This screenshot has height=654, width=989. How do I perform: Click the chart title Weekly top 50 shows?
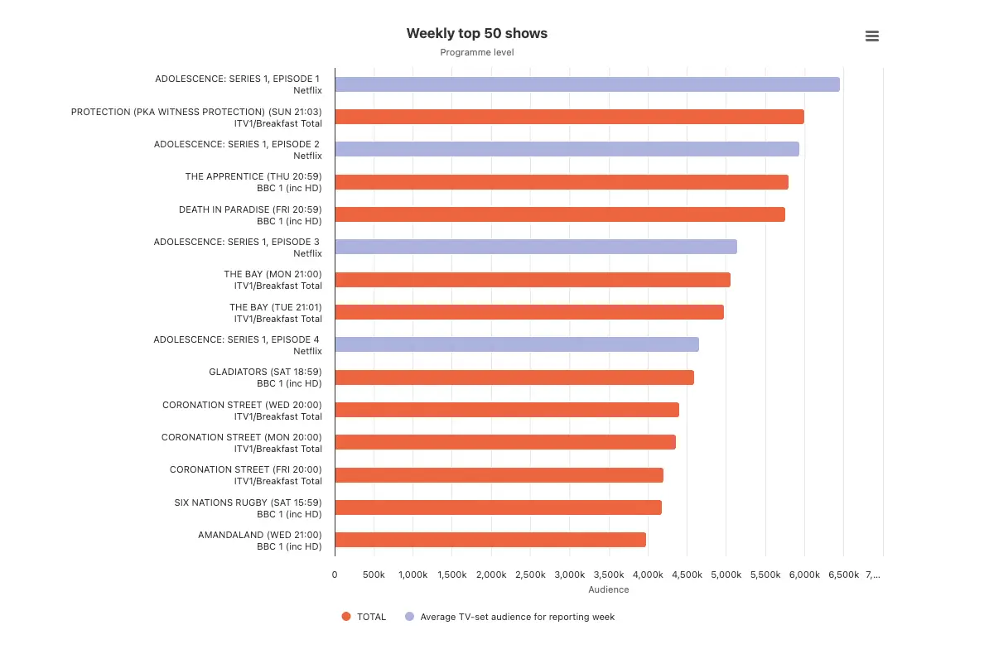coord(476,34)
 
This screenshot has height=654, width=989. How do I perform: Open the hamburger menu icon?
coord(871,36)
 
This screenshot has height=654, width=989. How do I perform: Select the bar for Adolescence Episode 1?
coord(586,84)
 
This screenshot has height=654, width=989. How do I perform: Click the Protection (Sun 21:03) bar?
coord(569,117)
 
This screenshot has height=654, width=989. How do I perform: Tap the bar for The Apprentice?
coord(561,182)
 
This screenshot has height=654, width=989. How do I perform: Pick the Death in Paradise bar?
coord(559,214)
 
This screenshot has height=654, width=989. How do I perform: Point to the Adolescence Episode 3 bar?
coord(535,247)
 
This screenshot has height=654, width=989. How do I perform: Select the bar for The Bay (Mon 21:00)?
coord(532,280)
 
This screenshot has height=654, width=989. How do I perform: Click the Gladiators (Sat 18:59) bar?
coord(514,377)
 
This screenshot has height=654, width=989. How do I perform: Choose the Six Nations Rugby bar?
coord(498,507)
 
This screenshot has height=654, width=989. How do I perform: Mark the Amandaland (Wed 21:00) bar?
coord(490,540)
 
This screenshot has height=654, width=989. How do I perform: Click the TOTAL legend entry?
coord(364,617)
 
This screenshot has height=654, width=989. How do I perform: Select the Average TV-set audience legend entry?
coord(509,617)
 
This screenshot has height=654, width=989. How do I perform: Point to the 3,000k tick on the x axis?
coord(569,575)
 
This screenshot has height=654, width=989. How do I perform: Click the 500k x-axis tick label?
coord(374,575)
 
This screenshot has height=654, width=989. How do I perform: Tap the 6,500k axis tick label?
coord(843,575)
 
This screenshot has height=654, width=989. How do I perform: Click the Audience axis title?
coord(608,589)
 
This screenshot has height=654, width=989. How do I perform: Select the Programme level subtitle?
coord(476,52)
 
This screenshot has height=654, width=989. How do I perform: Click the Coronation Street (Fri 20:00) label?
coord(245,475)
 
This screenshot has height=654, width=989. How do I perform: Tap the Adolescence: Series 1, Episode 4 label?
coord(238,345)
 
